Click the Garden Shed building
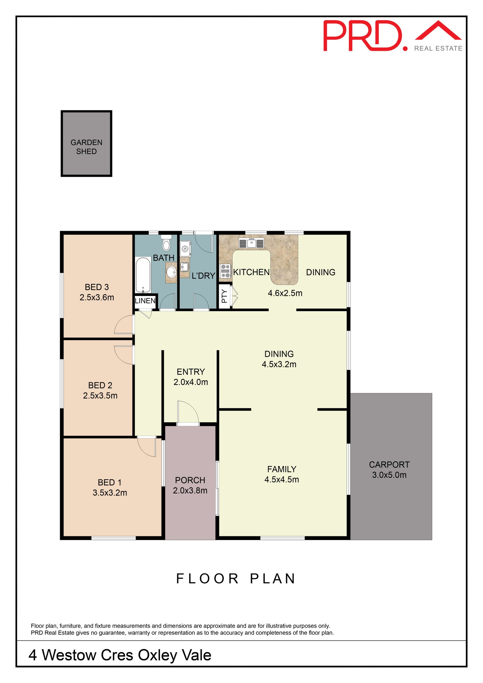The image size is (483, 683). [x=86, y=143]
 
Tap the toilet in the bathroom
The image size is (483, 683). [x=166, y=242]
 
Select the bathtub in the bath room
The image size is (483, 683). [x=143, y=275]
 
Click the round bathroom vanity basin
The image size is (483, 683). [x=171, y=272]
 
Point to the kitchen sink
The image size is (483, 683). [x=251, y=243]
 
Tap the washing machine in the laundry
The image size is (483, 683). [x=185, y=249]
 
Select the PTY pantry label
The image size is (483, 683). [x=224, y=296]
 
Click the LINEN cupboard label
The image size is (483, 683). [x=145, y=301]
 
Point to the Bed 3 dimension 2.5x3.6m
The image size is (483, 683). [x=97, y=297]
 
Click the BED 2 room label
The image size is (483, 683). [x=100, y=385]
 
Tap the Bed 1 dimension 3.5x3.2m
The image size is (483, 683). [x=110, y=493]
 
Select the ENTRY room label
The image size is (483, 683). [x=191, y=372]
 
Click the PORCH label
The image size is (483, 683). [x=190, y=480]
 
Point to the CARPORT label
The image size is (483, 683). [x=389, y=464]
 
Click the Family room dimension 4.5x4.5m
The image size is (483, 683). [x=282, y=479]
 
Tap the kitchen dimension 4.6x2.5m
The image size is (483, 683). [x=285, y=293]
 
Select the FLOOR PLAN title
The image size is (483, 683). [x=236, y=579]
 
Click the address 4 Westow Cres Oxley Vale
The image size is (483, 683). [x=120, y=655]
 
